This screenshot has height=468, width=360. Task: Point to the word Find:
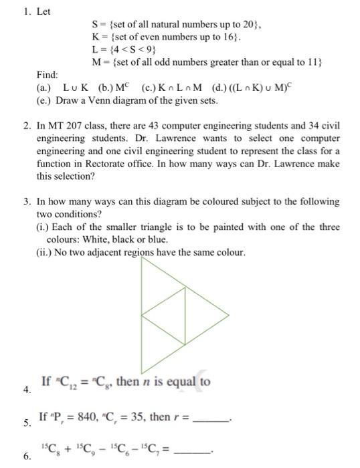point(48,76)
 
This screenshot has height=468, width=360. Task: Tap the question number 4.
point(26,390)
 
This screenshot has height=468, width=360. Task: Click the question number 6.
point(26,457)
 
